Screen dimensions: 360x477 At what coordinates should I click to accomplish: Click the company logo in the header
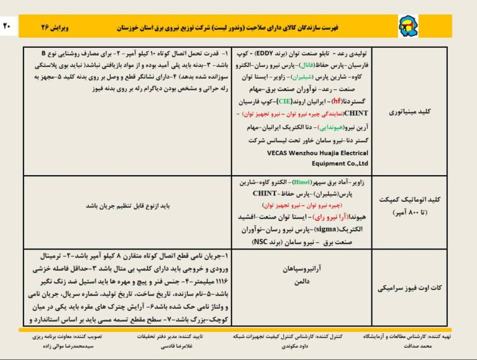click(407, 27)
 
